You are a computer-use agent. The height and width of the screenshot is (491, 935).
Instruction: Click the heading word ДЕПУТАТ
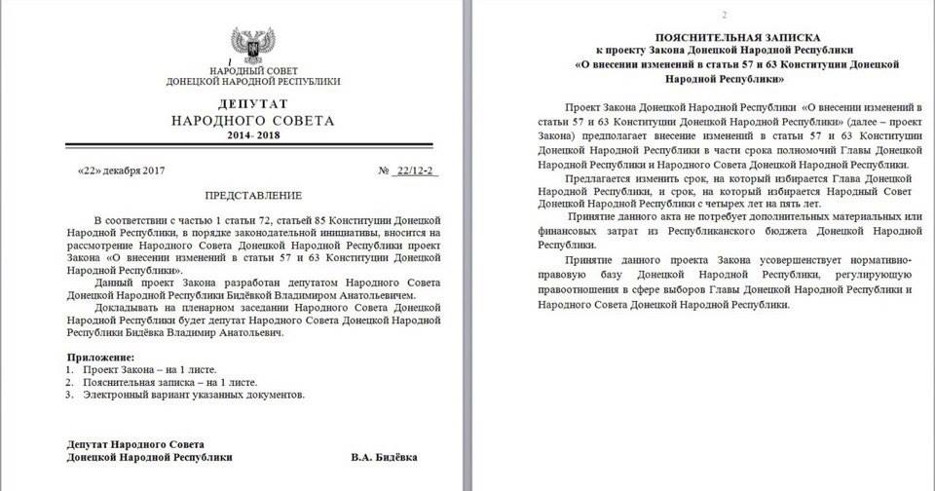pyautogui.click(x=252, y=103)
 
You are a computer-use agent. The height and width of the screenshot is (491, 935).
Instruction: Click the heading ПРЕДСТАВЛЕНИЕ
pyautogui.click(x=251, y=195)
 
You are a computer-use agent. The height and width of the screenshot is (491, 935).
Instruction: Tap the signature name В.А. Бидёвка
pyautogui.click(x=392, y=456)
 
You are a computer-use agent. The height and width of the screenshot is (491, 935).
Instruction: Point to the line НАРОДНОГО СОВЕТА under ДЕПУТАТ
pyautogui.click(x=252, y=122)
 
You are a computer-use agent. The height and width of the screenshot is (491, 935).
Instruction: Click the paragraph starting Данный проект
pyautogui.click(x=253, y=289)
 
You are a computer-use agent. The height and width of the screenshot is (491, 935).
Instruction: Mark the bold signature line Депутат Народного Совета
pyautogui.click(x=136, y=443)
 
